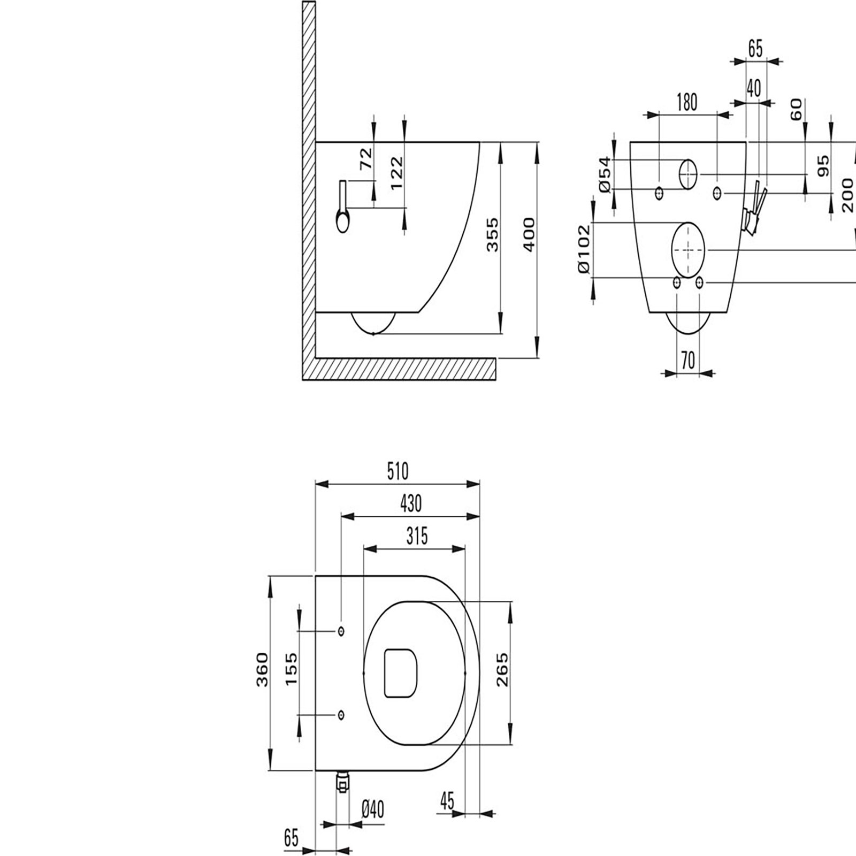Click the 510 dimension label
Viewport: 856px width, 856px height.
tap(398, 472)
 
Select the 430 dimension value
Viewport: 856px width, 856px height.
tap(411, 503)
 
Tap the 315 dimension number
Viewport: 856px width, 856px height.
tap(417, 536)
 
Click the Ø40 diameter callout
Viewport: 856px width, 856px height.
tap(372, 824)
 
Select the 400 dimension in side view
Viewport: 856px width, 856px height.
tap(529, 234)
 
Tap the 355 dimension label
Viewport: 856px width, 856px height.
tap(493, 234)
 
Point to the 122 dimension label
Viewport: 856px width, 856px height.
tap(396, 173)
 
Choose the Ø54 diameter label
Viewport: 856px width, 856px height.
tap(605, 174)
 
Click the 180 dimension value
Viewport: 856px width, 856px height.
tap(686, 102)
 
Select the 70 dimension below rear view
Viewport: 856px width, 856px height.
tap(689, 361)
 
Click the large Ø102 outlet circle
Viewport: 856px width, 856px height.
tap(688, 249)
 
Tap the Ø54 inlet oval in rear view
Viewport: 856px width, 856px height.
tap(689, 174)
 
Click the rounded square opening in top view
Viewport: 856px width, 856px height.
tap(400, 673)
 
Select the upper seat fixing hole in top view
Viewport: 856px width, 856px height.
tap(341, 631)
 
